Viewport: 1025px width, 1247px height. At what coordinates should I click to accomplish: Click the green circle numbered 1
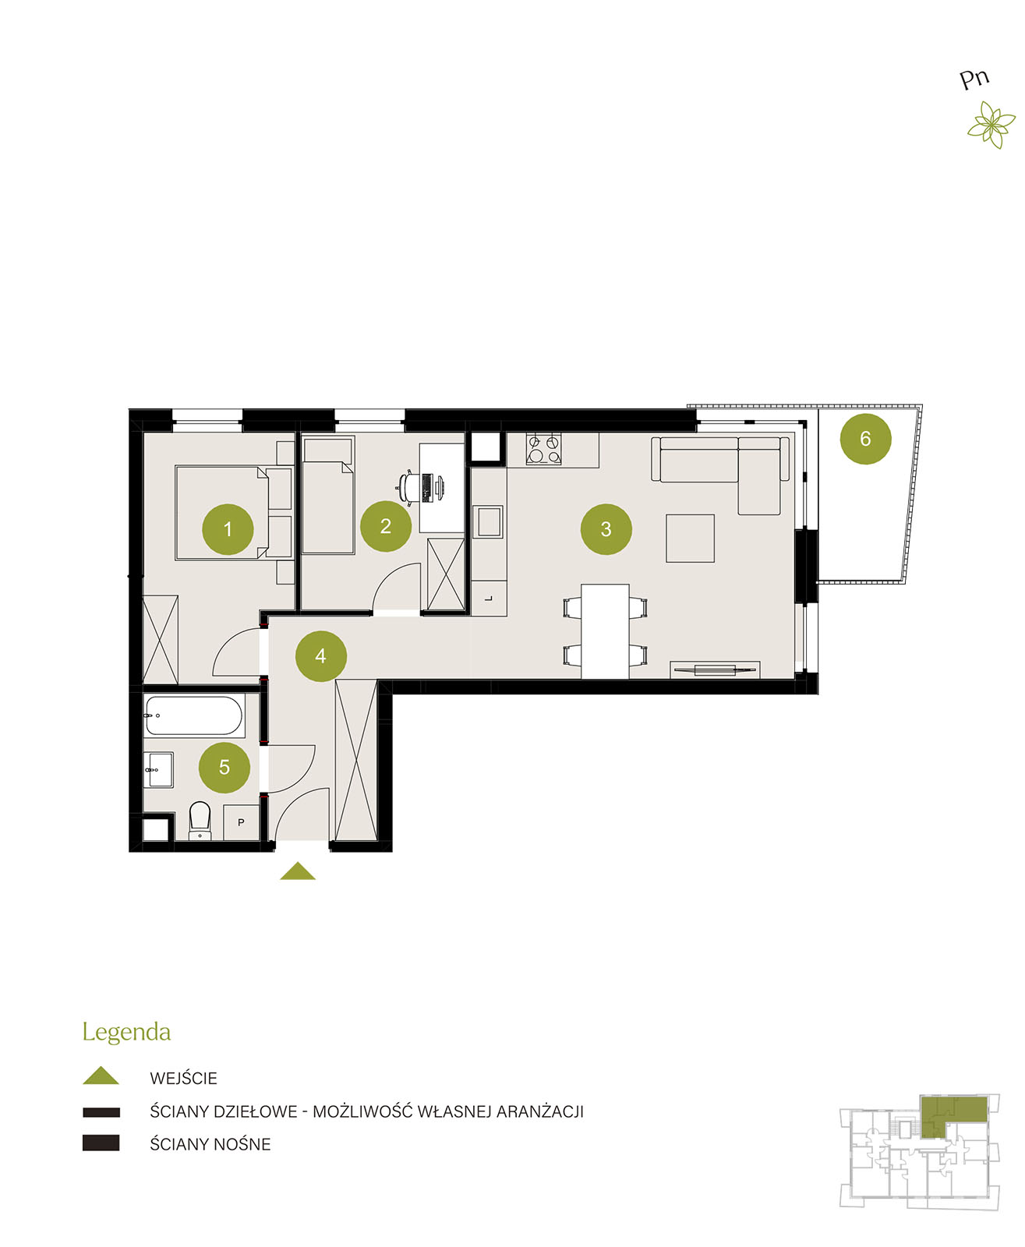pyautogui.click(x=228, y=529)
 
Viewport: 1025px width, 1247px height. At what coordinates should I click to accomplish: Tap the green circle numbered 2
pyautogui.click(x=386, y=526)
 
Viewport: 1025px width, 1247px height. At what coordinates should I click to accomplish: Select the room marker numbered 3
pyautogui.click(x=606, y=529)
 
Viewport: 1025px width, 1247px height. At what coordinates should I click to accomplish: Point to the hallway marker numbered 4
pyautogui.click(x=320, y=655)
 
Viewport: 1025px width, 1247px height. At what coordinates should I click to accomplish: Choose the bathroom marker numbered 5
pyautogui.click(x=224, y=768)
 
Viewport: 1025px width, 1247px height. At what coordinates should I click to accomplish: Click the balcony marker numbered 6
pyautogui.click(x=865, y=439)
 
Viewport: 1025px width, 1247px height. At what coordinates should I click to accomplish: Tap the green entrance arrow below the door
pyautogui.click(x=298, y=871)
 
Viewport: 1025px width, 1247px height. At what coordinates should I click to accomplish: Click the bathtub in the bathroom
pyautogui.click(x=194, y=716)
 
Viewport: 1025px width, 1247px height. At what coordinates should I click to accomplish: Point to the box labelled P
pyautogui.click(x=242, y=822)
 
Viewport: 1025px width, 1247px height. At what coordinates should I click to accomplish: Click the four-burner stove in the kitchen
pyautogui.click(x=543, y=449)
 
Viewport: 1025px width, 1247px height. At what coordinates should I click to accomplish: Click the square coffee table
pyautogui.click(x=691, y=538)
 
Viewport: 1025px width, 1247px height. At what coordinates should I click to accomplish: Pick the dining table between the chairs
pyautogui.click(x=605, y=631)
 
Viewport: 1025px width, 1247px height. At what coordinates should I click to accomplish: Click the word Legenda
pyautogui.click(x=126, y=1033)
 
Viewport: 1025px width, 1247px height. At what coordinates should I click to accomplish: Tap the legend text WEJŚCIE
pyautogui.click(x=183, y=1079)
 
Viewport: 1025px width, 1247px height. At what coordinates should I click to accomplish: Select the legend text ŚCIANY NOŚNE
pyautogui.click(x=210, y=1144)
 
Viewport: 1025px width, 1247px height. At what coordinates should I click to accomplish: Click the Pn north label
pyautogui.click(x=974, y=79)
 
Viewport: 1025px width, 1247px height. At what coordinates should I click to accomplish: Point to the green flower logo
pyautogui.click(x=991, y=125)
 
